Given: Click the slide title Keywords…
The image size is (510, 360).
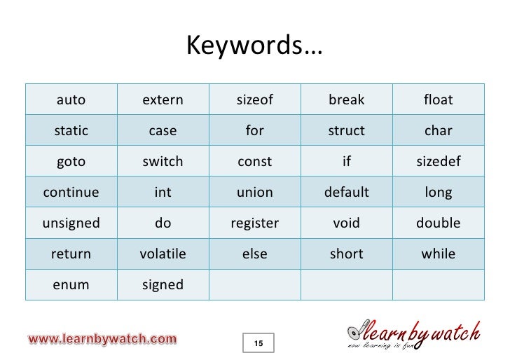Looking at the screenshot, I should coord(254,47).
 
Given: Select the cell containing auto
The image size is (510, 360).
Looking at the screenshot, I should coord(71,99).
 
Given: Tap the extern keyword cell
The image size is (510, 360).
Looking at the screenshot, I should coord(163,99).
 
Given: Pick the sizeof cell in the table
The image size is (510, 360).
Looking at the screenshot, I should coord(254,99).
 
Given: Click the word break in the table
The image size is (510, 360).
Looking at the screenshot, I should coord(346,99).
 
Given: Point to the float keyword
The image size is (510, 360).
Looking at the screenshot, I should coord(439,99).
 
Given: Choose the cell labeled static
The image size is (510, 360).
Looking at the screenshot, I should coord(71,130).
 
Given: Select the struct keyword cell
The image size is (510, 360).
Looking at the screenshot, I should coord(346,130).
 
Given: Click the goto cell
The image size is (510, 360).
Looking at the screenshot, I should coord(71,161).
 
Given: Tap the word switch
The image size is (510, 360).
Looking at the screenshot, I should coord(163,161).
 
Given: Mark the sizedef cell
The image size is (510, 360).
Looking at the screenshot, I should coord(439,161).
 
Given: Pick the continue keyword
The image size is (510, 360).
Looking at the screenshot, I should coord(71,192).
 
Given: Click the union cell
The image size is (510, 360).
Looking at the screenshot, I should coord(254,192).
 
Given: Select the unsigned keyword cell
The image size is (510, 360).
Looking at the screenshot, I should coord(71,223).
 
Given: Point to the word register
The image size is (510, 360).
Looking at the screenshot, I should coord(254,223).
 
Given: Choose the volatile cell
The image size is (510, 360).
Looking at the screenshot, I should coord(163,254).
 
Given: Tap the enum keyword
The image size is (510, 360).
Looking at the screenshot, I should coord(71,284).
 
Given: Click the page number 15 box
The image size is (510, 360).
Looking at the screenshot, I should coord(259,342).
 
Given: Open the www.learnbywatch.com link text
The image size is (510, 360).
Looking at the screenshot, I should coord(102,339).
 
